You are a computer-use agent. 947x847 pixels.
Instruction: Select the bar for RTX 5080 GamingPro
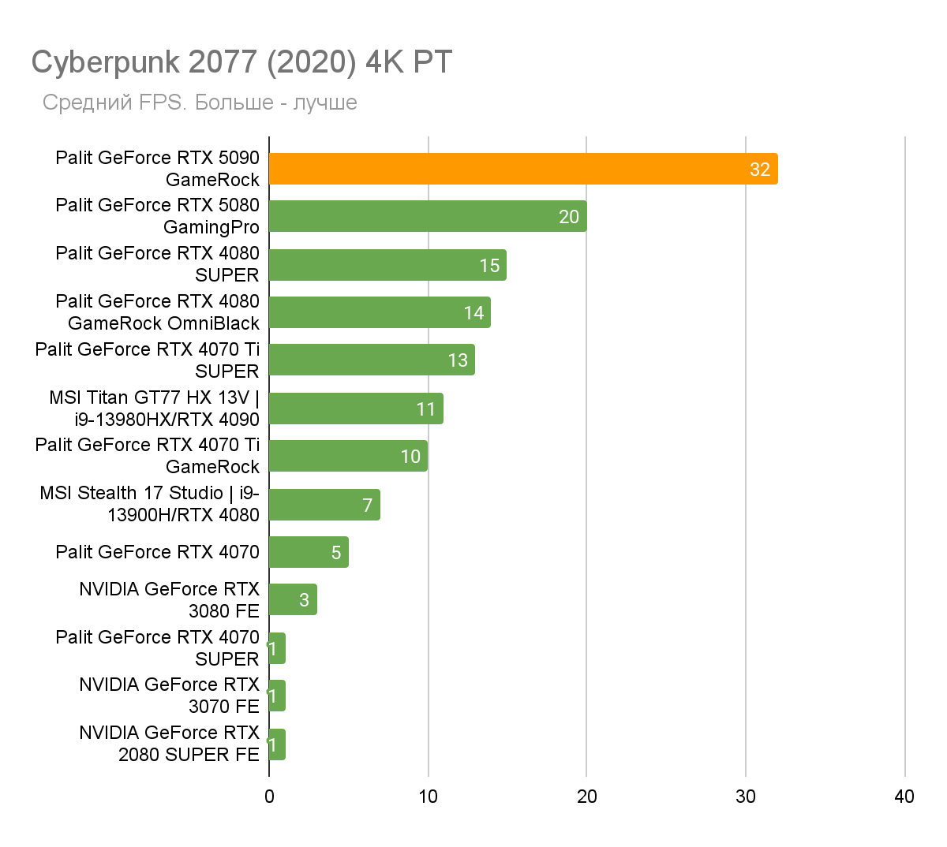(x=427, y=216)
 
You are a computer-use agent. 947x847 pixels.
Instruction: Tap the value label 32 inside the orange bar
(x=759, y=170)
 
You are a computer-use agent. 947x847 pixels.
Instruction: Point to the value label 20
(x=568, y=217)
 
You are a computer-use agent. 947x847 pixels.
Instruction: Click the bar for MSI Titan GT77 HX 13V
(x=356, y=409)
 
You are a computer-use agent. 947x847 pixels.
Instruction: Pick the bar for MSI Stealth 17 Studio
(x=324, y=505)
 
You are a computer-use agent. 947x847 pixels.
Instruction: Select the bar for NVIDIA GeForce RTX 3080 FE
(x=293, y=599)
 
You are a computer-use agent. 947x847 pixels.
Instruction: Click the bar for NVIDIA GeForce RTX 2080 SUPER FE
(x=277, y=744)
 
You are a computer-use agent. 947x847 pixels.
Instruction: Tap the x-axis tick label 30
(x=745, y=797)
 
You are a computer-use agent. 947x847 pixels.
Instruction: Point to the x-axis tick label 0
(x=269, y=797)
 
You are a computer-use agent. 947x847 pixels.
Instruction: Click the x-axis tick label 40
(x=904, y=797)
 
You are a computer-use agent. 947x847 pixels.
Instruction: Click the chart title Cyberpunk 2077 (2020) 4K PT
(x=241, y=62)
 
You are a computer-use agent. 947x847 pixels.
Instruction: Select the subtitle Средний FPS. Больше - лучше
(x=200, y=103)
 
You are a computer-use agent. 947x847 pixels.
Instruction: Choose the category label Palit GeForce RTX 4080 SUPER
(x=157, y=264)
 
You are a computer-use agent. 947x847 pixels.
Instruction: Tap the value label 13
(x=458, y=360)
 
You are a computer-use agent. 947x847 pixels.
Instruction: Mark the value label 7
(x=367, y=505)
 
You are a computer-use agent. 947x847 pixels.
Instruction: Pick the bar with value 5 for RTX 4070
(x=309, y=552)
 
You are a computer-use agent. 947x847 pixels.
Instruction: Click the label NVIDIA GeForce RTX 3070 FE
(x=169, y=696)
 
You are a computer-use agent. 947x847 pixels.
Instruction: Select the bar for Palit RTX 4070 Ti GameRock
(x=348, y=456)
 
